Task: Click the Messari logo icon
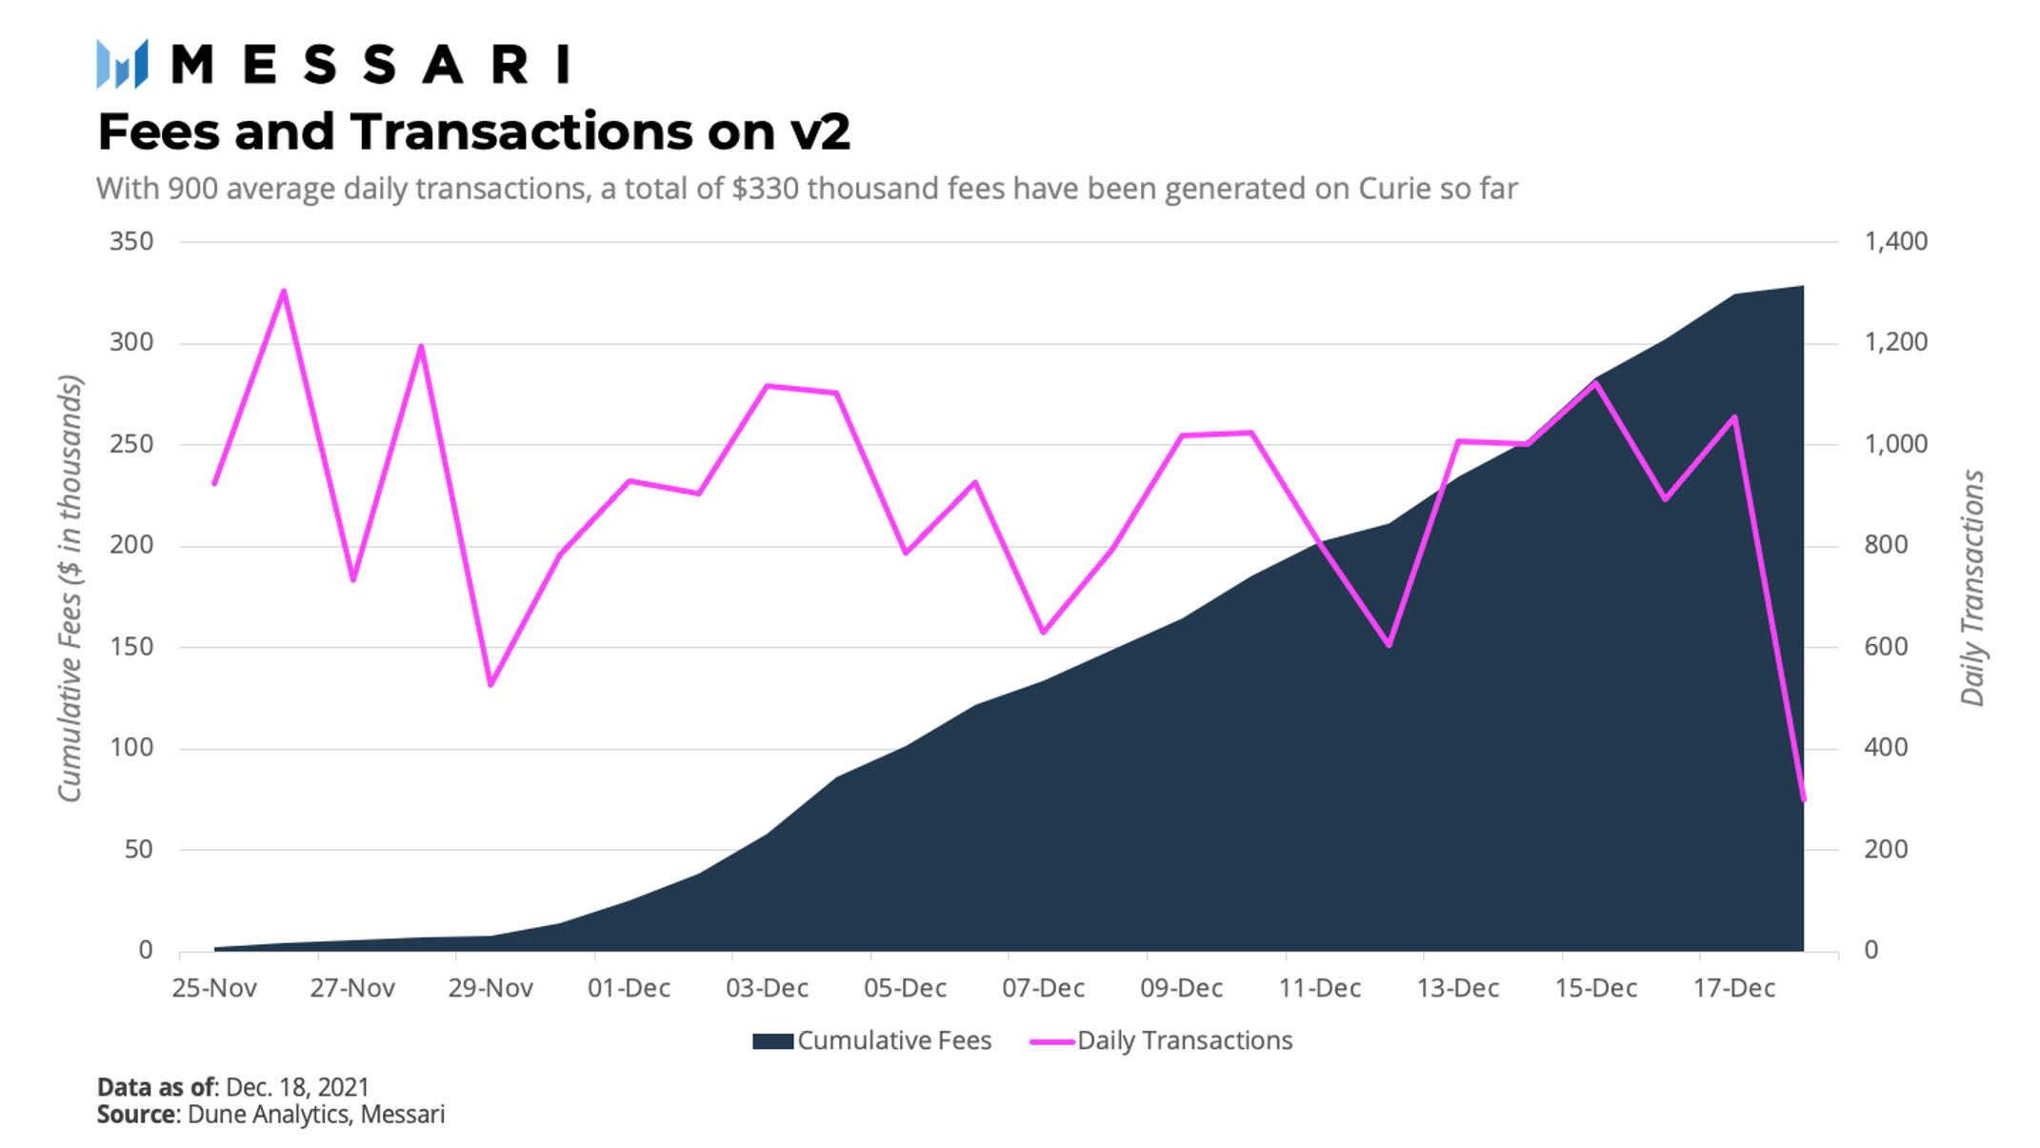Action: [122, 64]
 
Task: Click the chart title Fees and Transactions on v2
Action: [473, 131]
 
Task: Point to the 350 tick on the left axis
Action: [131, 241]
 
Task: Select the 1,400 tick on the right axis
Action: [1895, 241]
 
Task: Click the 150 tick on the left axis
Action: [131, 647]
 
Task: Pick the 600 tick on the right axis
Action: [1886, 647]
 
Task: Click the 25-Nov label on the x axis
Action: [214, 988]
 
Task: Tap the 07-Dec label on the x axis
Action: [1043, 988]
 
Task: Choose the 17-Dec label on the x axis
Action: [1733, 988]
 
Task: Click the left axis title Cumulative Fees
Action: [70, 588]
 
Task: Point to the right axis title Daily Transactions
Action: [1972, 588]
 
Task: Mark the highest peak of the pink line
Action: [284, 291]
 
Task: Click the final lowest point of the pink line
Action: [1804, 799]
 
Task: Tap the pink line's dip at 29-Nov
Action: [490, 684]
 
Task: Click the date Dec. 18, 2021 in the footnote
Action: [297, 1087]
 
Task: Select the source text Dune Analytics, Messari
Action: [316, 1114]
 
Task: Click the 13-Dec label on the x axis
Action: [1457, 988]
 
